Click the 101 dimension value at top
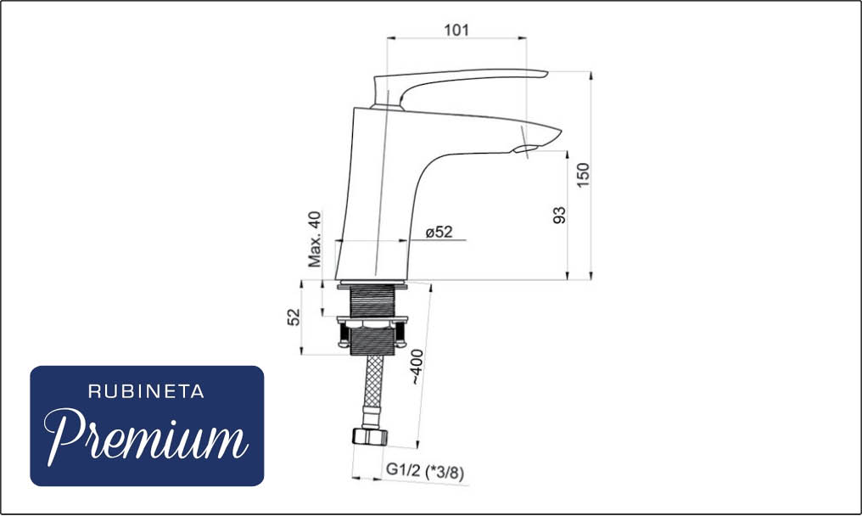[456, 30]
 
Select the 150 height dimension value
[583, 175]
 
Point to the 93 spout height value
[559, 215]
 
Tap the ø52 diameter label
[439, 233]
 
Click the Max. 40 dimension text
[315, 239]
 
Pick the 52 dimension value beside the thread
[294, 317]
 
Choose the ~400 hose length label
[417, 367]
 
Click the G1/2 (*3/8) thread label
[425, 471]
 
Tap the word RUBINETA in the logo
[146, 392]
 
